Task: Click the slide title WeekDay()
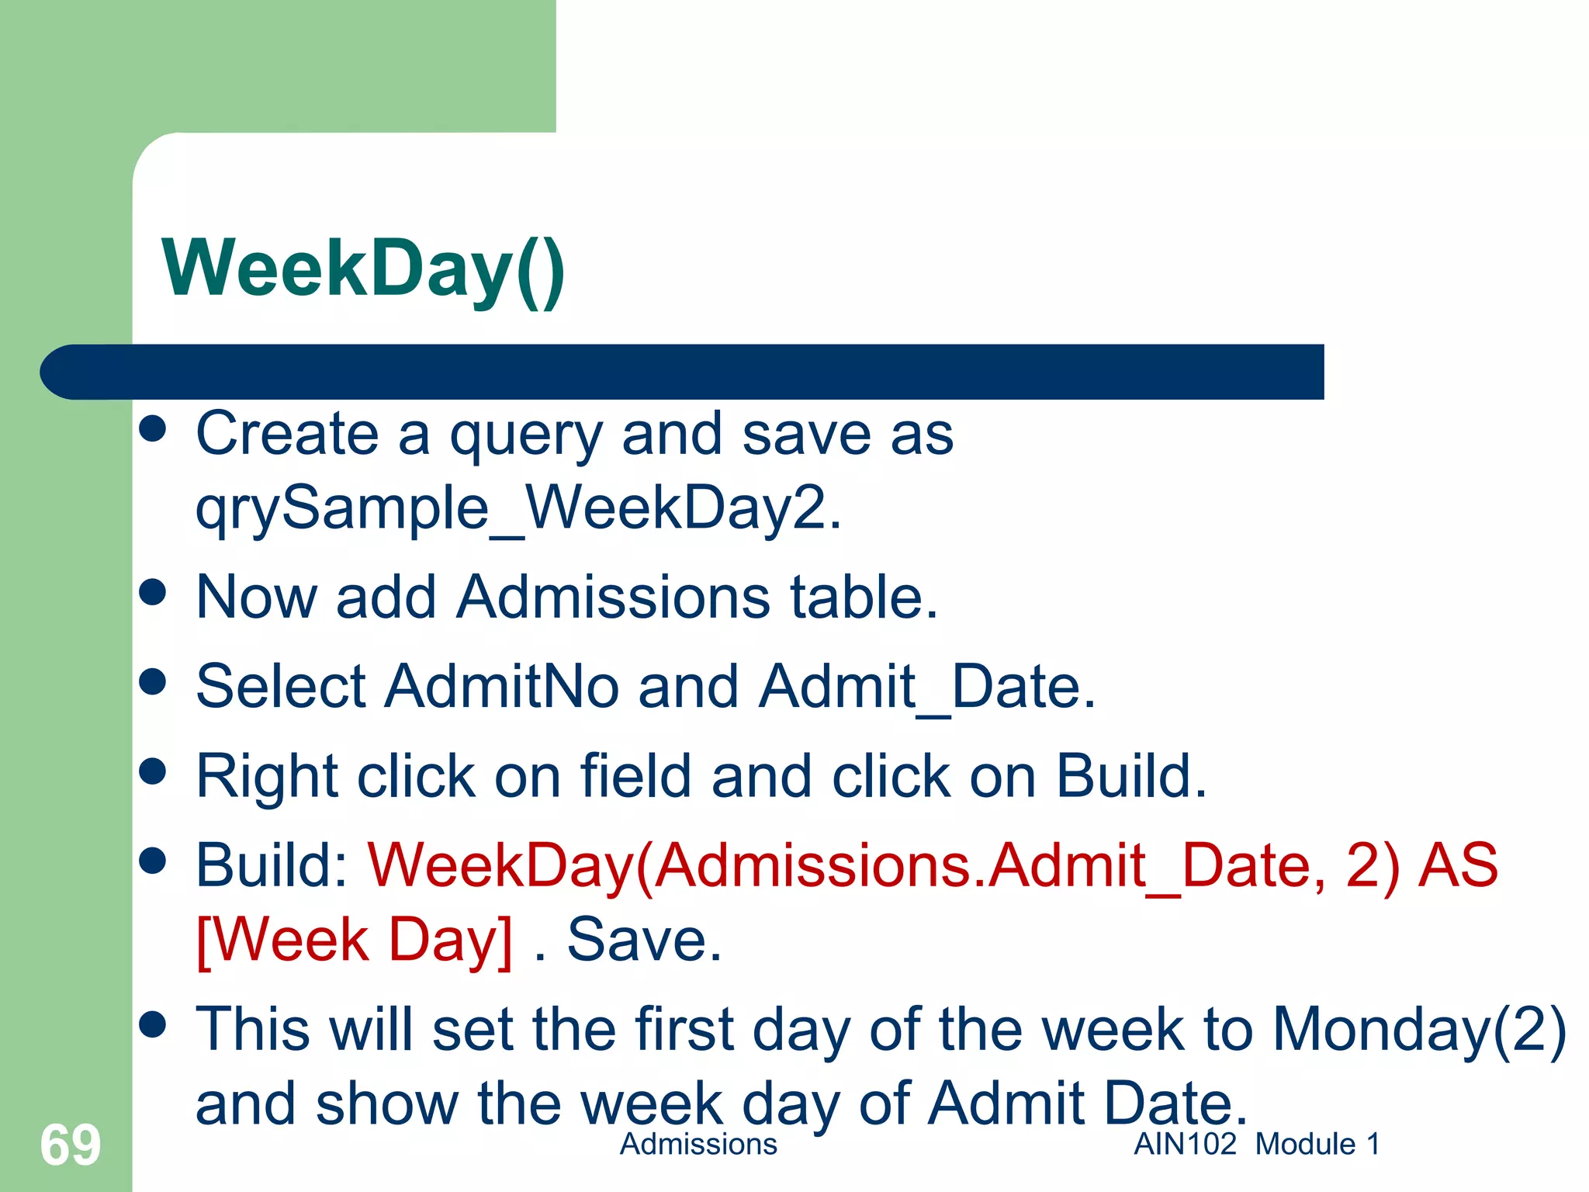tap(363, 269)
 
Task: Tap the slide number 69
tap(70, 1145)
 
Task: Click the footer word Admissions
tap(698, 1144)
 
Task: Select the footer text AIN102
tap(1185, 1144)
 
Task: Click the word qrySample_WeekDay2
tap(518, 509)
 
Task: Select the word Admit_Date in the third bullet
tap(926, 688)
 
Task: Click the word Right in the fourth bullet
tap(267, 778)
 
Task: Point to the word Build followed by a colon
tap(272, 865)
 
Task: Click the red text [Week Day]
tap(355, 941)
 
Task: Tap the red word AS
tap(1458, 865)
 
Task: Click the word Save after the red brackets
tap(644, 940)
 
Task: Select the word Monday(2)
tap(1419, 1031)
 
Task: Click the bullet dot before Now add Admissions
tap(153, 593)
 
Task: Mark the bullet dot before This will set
tap(153, 1024)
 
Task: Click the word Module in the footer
tap(1305, 1144)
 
